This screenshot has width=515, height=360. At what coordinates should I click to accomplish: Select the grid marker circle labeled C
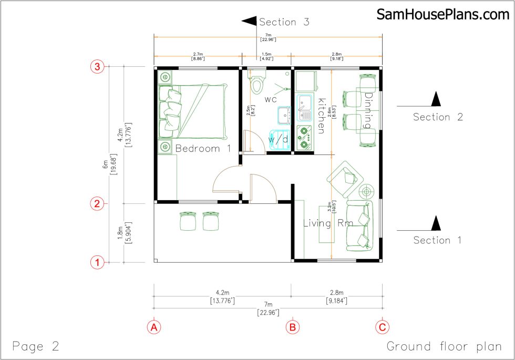pos(382,326)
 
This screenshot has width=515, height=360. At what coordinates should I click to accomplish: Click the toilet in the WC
pos(256,84)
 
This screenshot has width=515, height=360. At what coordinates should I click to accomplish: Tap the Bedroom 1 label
pos(203,149)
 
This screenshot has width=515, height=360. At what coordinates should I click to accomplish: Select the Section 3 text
pos(284,22)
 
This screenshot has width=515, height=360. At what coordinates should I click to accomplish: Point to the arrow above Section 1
pos(436,223)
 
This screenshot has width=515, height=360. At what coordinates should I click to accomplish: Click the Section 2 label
pos(438,117)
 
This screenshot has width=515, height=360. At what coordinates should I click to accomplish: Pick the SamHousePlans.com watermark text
pos(442,15)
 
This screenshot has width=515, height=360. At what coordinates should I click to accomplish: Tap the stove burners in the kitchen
pos(304,137)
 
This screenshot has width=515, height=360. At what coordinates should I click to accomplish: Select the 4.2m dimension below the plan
pos(222,293)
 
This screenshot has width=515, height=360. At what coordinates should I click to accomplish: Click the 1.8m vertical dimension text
pos(120,233)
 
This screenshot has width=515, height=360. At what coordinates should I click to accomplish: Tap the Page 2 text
pos(36,347)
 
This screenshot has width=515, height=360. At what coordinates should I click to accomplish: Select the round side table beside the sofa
pos(366,190)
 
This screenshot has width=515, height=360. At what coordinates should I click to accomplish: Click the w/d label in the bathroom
pos(278,140)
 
